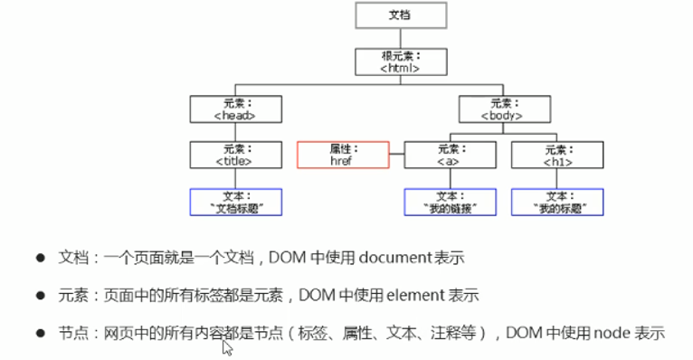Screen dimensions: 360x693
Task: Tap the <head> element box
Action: (x=235, y=109)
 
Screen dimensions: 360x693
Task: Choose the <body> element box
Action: (x=502, y=109)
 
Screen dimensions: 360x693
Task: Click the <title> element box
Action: (x=235, y=154)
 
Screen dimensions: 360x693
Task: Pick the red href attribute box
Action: (x=341, y=154)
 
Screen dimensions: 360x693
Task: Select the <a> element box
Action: (x=450, y=154)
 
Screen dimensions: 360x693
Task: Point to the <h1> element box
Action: (x=555, y=154)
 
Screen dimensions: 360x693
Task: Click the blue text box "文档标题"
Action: (x=235, y=202)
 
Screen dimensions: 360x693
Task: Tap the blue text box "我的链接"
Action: (x=450, y=202)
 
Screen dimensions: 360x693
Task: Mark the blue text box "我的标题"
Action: (x=555, y=202)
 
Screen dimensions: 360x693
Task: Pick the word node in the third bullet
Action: (x=613, y=332)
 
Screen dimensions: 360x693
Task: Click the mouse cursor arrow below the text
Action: (x=227, y=347)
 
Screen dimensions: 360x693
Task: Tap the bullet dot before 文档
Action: (x=41, y=258)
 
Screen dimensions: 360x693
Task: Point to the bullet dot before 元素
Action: (x=41, y=295)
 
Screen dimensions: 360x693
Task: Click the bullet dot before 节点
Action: (x=41, y=332)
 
